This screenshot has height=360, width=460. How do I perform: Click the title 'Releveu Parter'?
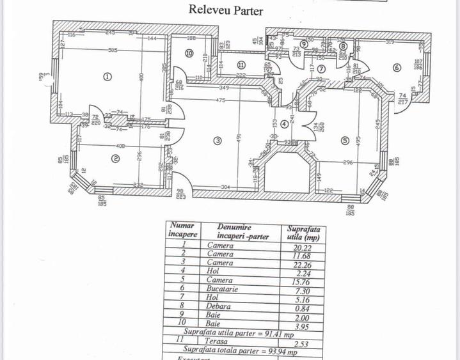point(225,10)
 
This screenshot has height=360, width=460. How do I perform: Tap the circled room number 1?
point(107,76)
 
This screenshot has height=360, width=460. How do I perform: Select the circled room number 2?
point(116,159)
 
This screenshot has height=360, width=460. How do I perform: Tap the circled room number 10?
point(189,54)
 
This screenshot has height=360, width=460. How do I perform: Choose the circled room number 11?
point(241,65)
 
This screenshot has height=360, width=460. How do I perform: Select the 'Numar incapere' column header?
point(182,229)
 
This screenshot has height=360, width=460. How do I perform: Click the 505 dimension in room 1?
point(113,51)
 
